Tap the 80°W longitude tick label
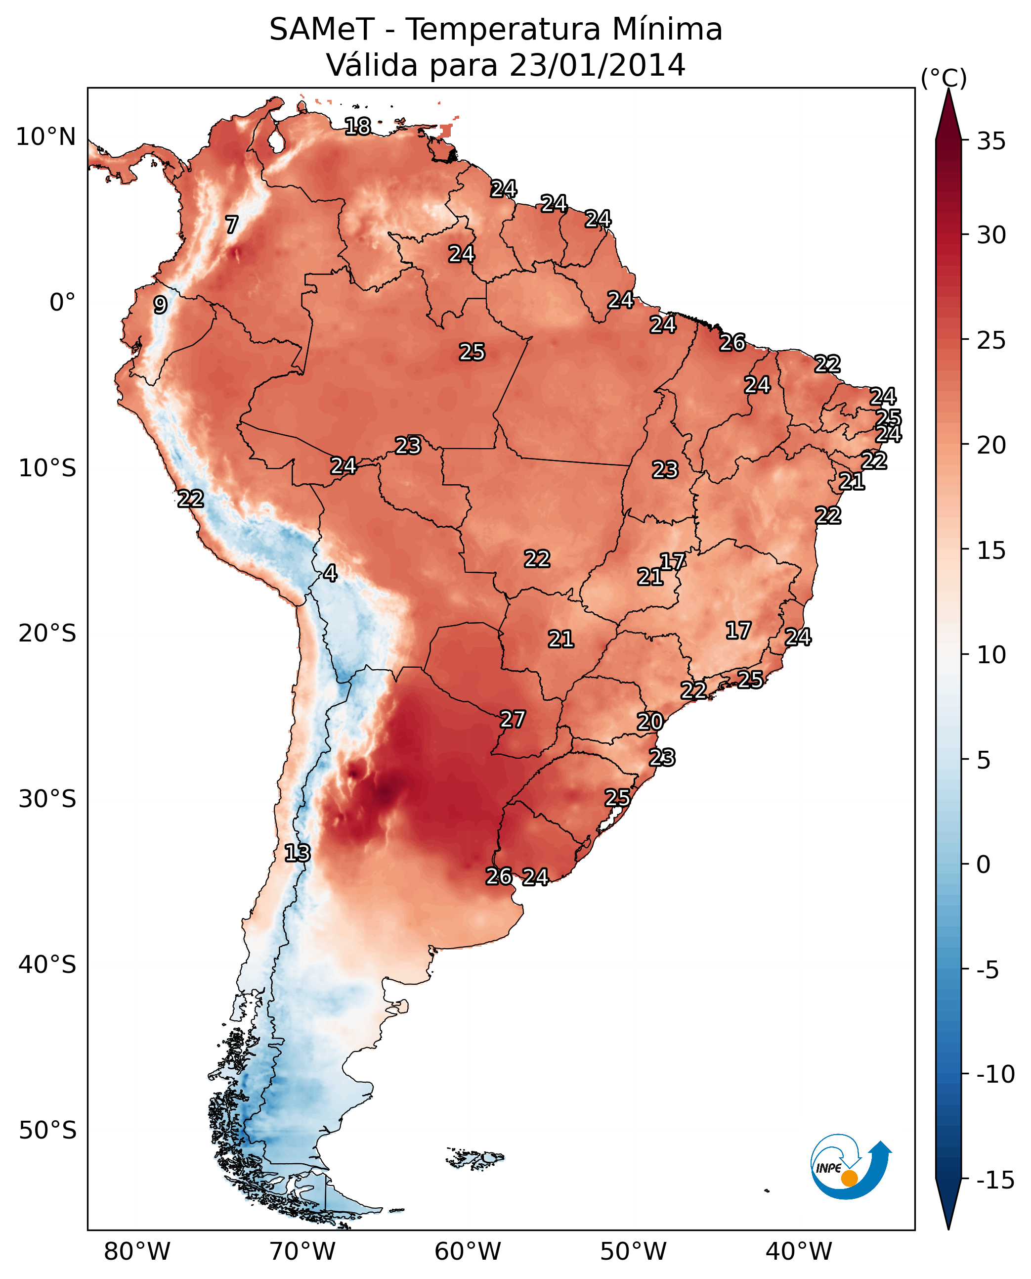click(137, 1251)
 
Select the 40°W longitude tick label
click(799, 1251)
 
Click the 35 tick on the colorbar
click(991, 141)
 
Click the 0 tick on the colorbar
click(984, 865)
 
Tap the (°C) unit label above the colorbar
click(944, 78)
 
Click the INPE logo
click(851, 1166)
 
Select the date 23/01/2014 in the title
click(598, 65)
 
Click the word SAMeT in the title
click(322, 29)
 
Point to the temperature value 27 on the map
click(513, 719)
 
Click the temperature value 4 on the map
click(330, 573)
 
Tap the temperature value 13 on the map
click(298, 853)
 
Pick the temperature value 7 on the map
click(232, 225)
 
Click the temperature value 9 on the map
click(160, 305)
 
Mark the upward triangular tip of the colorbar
click(948, 89)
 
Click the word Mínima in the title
click(667, 29)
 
